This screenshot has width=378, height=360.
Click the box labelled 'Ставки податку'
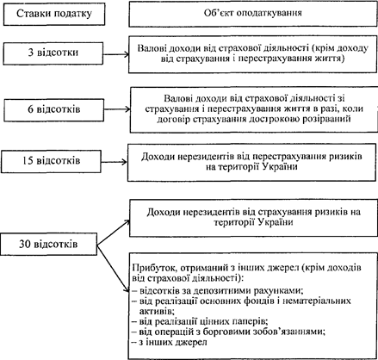pyautogui.click(x=54, y=14)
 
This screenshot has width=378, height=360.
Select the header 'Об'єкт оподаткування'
pyautogui.click(x=253, y=14)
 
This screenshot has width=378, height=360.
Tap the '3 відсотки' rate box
pyautogui.click(x=53, y=53)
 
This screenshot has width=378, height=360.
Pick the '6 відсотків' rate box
pyautogui.click(x=54, y=110)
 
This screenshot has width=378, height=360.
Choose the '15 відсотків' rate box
pyautogui.click(x=51, y=161)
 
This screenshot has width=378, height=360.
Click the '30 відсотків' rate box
pyautogui.click(x=48, y=245)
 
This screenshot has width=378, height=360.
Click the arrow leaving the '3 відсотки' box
pyautogui.click(x=116, y=54)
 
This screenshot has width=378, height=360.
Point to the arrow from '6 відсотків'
pyautogui.click(x=117, y=109)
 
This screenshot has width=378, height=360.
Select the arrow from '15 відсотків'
pyautogui.click(x=115, y=162)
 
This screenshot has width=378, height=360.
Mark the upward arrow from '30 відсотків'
pyautogui.click(x=114, y=233)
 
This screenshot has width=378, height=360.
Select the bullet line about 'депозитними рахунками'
pyautogui.click(x=218, y=291)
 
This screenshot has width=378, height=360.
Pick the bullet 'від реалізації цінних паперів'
pyautogui.click(x=200, y=321)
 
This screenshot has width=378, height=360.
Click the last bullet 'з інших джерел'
pyautogui.click(x=170, y=342)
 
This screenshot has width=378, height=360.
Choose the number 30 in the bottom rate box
pyautogui.click(x=25, y=245)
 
